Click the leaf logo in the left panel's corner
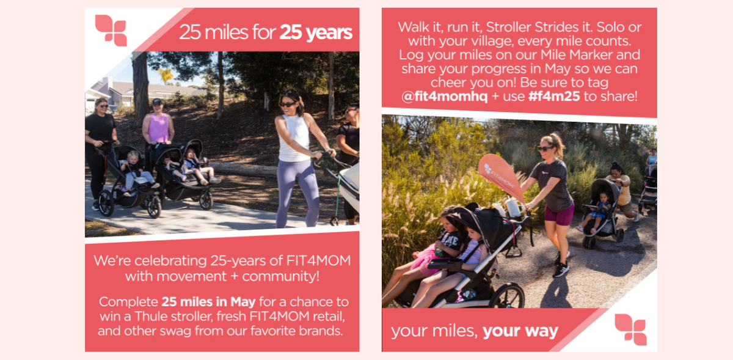coord(111,30)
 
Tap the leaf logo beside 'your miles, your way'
coord(630,329)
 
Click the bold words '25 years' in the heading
coord(316,32)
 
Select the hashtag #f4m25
coord(554,97)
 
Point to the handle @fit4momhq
coord(445,97)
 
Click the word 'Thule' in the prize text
coord(151,317)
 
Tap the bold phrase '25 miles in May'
coord(208,302)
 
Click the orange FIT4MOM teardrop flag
coord(501,176)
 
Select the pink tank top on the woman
coord(158,128)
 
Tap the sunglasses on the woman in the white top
coord(287,105)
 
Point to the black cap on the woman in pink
coord(157,101)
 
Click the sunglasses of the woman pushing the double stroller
coord(544,149)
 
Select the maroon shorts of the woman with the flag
coord(560,214)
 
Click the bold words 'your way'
coord(520,331)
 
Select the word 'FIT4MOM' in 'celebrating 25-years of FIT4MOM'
coord(319,261)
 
